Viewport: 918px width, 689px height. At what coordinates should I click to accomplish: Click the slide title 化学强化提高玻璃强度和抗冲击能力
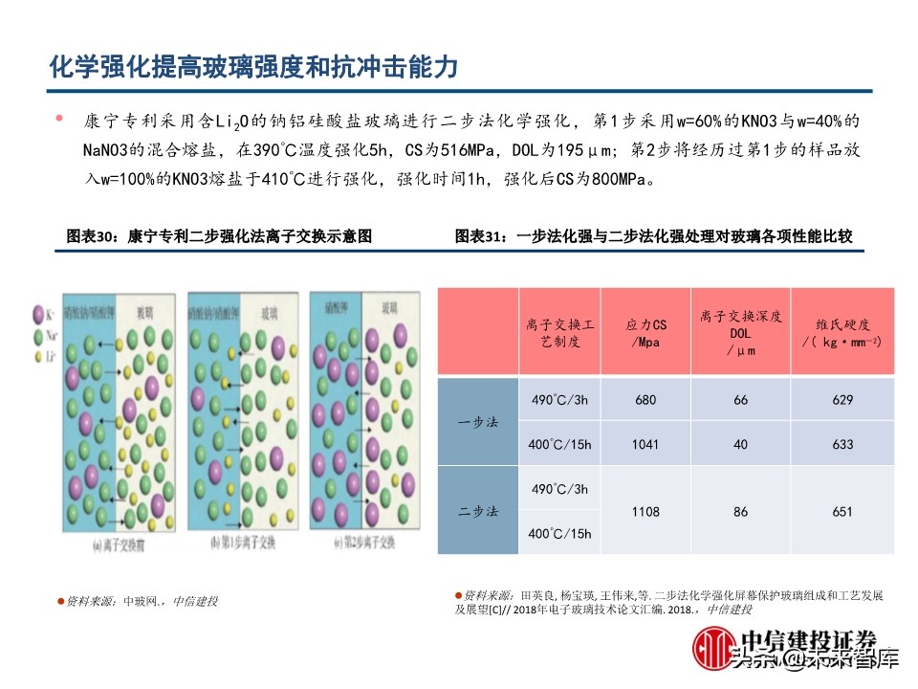pyautogui.click(x=254, y=68)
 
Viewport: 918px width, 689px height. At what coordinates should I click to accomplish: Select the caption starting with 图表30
pyautogui.click(x=218, y=235)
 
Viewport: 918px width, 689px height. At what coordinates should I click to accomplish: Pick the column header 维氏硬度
pyautogui.click(x=841, y=333)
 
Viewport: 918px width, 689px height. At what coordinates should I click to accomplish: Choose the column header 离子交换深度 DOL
pyautogui.click(x=741, y=333)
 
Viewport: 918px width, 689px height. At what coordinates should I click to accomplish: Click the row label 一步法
pyautogui.click(x=478, y=422)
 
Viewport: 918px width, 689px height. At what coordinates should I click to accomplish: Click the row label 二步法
pyautogui.click(x=478, y=512)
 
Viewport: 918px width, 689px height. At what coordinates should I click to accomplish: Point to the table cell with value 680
pyautogui.click(x=646, y=400)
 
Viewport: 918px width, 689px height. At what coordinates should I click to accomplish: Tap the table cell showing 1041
pyautogui.click(x=646, y=444)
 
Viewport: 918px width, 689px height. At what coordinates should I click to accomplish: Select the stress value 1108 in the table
pyautogui.click(x=646, y=512)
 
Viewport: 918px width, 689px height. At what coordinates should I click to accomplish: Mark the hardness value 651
pyautogui.click(x=841, y=512)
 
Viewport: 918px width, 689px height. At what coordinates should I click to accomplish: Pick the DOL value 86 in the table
pyautogui.click(x=741, y=512)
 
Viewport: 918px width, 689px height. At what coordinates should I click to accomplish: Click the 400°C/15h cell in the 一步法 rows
pyautogui.click(x=561, y=444)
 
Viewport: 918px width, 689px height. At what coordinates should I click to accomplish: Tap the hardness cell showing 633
pyautogui.click(x=841, y=444)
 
